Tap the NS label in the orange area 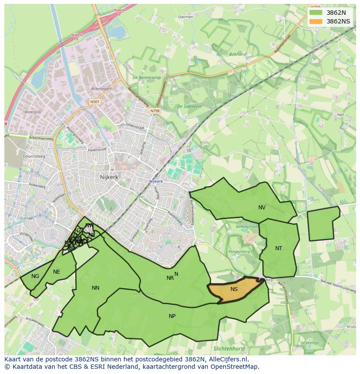[x=234, y=289]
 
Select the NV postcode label [x=262, y=208]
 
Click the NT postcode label [x=279, y=248]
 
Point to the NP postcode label [x=172, y=316]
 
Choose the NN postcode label [x=96, y=288]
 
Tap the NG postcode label [x=35, y=276]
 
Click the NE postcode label [x=57, y=272]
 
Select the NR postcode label [x=170, y=278]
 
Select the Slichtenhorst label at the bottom [x=230, y=348]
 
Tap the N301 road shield [x=94, y=102]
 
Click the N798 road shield [x=155, y=111]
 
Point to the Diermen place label [x=186, y=17]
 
